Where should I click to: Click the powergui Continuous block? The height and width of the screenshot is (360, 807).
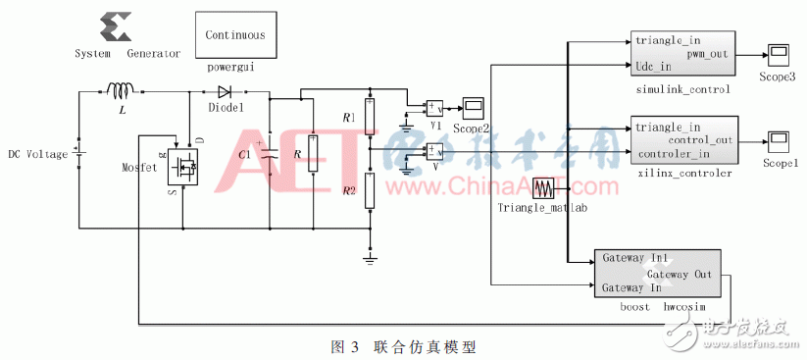pos(235,36)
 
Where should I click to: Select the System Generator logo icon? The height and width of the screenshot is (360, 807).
pos(113,26)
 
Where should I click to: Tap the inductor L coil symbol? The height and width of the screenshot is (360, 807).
pos(122,91)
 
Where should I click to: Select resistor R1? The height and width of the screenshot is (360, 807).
pos(370,118)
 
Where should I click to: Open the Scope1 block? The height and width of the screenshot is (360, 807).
pos(780,138)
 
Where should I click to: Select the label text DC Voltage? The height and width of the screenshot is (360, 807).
pos(36,154)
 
